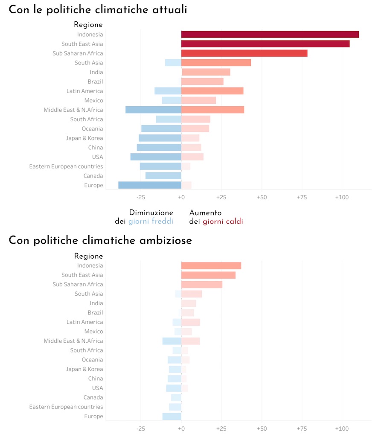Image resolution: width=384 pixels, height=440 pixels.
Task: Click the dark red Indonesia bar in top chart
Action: pos(270,35)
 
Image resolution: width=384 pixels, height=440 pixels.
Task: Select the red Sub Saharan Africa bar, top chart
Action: pos(244,53)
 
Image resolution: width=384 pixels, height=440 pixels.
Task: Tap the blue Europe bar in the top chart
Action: pos(150,185)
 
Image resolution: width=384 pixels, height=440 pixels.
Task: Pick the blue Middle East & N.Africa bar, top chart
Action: pos(153,110)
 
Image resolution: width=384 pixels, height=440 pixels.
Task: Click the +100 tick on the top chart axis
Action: pos(341,198)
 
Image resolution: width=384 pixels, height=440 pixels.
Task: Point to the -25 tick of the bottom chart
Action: pos(141,428)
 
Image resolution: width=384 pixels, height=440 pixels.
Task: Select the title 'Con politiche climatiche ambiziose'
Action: pos(100,240)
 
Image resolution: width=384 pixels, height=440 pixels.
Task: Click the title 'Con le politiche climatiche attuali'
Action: pos(98,10)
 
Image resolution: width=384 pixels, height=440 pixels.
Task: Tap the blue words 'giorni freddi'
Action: pos(151,221)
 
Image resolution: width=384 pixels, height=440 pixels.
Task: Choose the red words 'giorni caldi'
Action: pos(223,221)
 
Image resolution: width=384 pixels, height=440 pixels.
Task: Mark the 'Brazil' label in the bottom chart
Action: pos(95,312)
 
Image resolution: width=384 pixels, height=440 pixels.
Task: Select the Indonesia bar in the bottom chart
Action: pos(211,265)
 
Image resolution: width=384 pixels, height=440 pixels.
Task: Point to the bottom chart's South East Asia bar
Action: pos(208,275)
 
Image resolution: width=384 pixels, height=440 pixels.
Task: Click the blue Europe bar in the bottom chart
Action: pos(172,416)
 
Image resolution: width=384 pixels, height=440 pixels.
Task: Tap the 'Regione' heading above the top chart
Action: pos(88,25)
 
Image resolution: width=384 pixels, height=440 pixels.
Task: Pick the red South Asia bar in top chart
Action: pos(216,63)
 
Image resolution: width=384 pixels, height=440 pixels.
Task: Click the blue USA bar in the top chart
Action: pos(156,157)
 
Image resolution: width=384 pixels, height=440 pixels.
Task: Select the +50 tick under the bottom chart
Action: pos(262,428)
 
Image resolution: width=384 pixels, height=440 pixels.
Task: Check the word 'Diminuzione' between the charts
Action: pos(151,213)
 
